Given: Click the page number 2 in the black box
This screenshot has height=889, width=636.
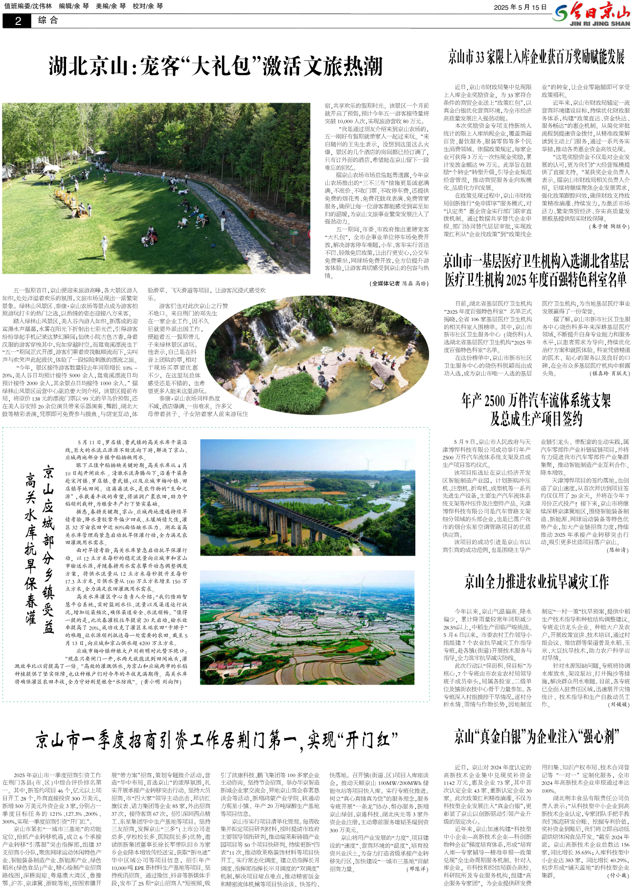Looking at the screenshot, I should tap(18, 21).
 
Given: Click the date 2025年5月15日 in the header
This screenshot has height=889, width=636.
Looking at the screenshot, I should tap(520, 7).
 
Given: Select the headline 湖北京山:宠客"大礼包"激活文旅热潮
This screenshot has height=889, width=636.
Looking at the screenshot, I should tap(215, 66).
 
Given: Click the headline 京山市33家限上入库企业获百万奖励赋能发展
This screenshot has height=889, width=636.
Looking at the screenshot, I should tap(536, 57).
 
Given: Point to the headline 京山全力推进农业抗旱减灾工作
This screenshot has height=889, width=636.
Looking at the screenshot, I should tap(536, 582).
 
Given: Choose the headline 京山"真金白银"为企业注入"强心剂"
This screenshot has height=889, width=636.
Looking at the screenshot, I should tap(536, 736).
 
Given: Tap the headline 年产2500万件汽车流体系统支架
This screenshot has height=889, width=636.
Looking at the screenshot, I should tap(536, 401).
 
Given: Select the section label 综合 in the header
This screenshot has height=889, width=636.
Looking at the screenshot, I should tap(48, 21).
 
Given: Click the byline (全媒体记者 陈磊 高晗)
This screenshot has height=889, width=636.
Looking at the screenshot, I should tap(399, 283).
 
